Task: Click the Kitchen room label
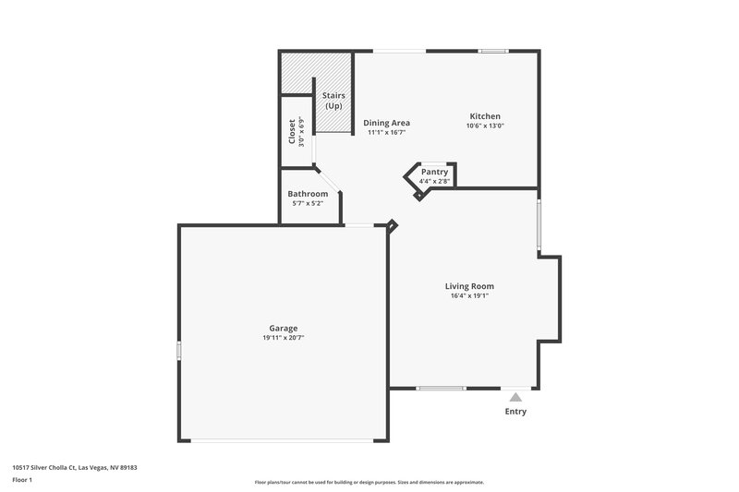coord(485,116)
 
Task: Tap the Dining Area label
coord(386,123)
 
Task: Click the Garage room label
coord(283,329)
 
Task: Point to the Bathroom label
coord(308,194)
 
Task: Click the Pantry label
coord(434,172)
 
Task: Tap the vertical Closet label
coord(292,132)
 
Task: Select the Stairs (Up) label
coord(333,101)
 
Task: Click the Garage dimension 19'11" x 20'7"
coord(283,339)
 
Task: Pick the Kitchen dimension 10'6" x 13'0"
coord(485,126)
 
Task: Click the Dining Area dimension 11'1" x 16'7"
coord(386,133)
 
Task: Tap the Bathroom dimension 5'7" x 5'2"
coord(308,203)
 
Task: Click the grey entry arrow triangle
coord(515,397)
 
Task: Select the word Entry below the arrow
coord(515,412)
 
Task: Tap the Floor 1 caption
coord(22,480)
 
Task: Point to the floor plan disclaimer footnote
coord(369,482)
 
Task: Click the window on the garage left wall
coord(179,350)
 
